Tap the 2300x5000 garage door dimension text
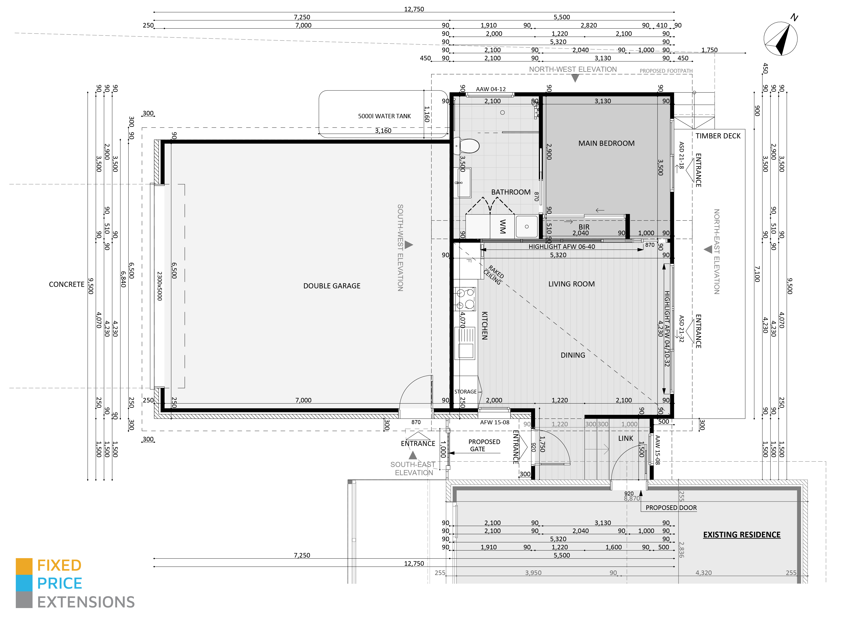coord(159,286)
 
